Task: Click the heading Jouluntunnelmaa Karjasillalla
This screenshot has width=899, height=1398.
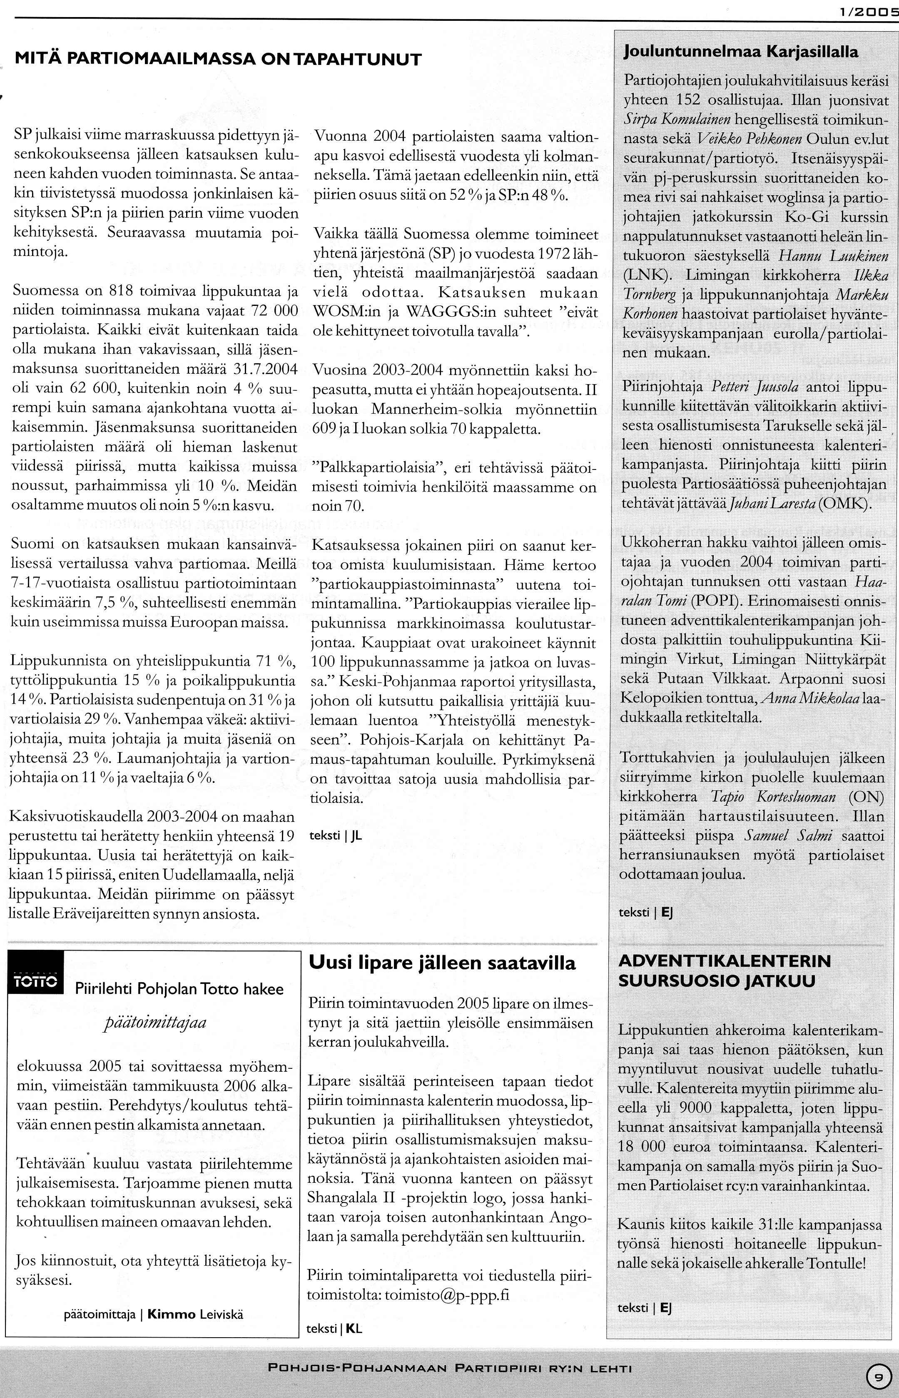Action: [x=741, y=52]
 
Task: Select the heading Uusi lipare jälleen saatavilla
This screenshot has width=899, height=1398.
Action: [x=442, y=962]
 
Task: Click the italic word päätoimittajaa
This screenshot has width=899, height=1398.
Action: [x=155, y=1023]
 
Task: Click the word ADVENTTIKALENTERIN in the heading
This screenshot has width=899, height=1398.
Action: [x=725, y=961]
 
